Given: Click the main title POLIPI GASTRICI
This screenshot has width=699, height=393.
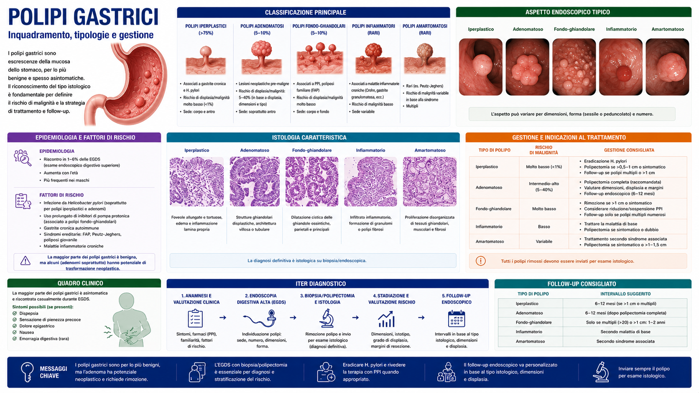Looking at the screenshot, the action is click(x=84, y=17).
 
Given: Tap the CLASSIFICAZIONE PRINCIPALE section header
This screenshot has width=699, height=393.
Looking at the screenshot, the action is click(x=306, y=13).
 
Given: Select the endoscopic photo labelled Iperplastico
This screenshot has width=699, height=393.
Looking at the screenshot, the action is click(x=481, y=67).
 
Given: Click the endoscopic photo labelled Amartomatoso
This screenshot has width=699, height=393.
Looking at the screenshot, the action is click(x=667, y=67).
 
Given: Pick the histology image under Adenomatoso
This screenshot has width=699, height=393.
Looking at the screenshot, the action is click(x=255, y=181).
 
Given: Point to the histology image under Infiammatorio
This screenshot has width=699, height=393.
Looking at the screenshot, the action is click(x=370, y=181).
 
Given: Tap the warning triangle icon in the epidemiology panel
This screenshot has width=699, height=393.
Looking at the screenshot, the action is click(x=25, y=261).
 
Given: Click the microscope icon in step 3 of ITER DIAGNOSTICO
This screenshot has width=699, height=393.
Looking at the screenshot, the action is click(x=327, y=318).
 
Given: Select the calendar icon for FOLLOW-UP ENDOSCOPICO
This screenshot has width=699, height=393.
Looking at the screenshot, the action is click(x=457, y=319).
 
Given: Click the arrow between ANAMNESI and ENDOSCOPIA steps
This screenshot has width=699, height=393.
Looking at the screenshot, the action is click(x=223, y=317).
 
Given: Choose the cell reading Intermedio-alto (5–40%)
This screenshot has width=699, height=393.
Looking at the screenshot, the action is click(x=544, y=187).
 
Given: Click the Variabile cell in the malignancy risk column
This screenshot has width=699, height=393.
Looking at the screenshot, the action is click(x=544, y=241).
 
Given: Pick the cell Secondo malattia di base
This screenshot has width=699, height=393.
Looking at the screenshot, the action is click(x=625, y=332).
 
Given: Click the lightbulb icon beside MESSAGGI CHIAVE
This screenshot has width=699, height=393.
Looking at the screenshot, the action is click(x=27, y=372).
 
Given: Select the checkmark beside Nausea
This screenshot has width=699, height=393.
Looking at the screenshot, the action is click(x=15, y=332).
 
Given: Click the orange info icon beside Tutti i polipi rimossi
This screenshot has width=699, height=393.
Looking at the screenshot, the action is click(x=481, y=261).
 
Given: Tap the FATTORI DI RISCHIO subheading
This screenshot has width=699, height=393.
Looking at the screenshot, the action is click(x=61, y=195).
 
